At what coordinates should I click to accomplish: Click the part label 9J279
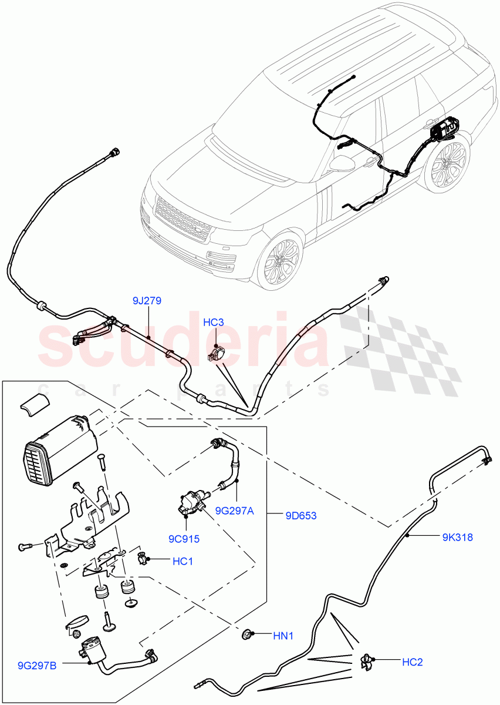(x=147, y=301)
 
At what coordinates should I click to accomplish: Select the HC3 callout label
(x=214, y=323)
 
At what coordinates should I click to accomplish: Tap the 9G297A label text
(x=234, y=511)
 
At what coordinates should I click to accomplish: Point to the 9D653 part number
(x=300, y=516)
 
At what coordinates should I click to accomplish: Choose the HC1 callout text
(x=183, y=562)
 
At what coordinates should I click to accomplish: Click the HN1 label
(x=283, y=635)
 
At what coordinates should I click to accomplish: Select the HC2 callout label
(x=412, y=662)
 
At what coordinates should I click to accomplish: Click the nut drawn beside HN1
(x=247, y=634)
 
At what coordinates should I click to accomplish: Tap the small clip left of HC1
(x=143, y=559)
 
